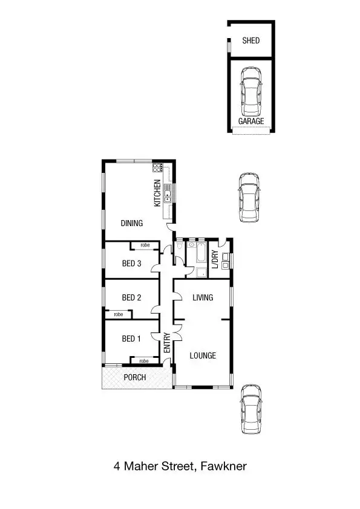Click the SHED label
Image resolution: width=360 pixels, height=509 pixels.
(x=250, y=41)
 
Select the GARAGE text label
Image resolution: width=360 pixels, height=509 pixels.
(x=250, y=121)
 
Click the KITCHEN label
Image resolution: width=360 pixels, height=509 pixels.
(x=157, y=193)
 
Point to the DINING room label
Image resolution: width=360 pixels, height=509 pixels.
(x=131, y=223)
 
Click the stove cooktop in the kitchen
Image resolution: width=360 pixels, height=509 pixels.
(x=157, y=167)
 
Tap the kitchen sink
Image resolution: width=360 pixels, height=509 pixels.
(x=168, y=195)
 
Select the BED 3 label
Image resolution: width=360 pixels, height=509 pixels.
(x=131, y=263)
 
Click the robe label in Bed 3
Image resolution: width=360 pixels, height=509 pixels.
(x=145, y=245)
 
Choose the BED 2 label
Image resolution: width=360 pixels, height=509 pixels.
(x=131, y=297)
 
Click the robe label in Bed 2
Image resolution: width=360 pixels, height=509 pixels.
(x=118, y=314)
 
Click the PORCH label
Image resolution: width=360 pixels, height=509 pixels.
(x=134, y=377)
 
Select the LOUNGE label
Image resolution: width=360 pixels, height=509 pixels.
(x=202, y=355)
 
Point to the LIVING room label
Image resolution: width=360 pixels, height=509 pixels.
(x=202, y=297)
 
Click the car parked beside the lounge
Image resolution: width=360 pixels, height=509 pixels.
(x=250, y=409)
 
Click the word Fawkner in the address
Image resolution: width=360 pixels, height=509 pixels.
(x=224, y=466)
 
